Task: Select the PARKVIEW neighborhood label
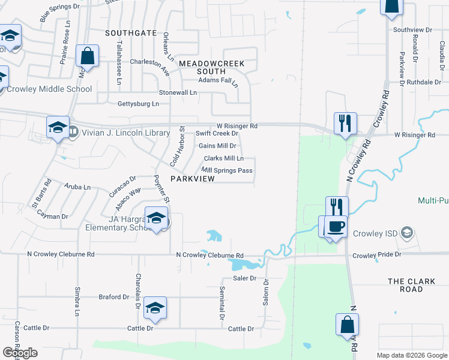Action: pos(193,179)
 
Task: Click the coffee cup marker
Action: pos(336,226)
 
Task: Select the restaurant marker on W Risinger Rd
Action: pos(345,124)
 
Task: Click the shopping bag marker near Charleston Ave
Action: pos(88,56)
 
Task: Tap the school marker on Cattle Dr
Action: pos(155,308)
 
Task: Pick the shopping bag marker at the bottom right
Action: pos(346,324)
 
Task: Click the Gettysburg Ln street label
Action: pos(138,104)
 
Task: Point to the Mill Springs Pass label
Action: pos(228,170)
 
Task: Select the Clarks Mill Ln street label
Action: pos(223,158)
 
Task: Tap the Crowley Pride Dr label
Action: pos(376,255)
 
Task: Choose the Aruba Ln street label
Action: pos(78,187)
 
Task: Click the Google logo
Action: pos(20,353)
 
